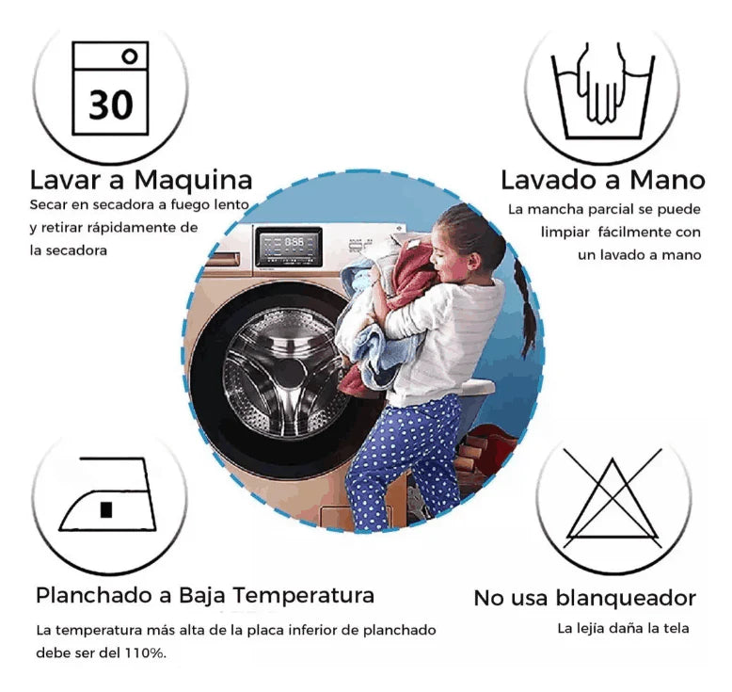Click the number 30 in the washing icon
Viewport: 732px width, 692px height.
pos(110,104)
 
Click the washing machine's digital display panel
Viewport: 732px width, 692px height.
pos(290,245)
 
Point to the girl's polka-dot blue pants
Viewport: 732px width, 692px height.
pos(405,452)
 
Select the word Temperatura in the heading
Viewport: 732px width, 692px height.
pos(303,596)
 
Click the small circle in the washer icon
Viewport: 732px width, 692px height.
pos(130,56)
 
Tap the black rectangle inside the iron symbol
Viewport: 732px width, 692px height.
pos(106,509)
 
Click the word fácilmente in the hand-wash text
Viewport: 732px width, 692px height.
pos(633,232)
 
